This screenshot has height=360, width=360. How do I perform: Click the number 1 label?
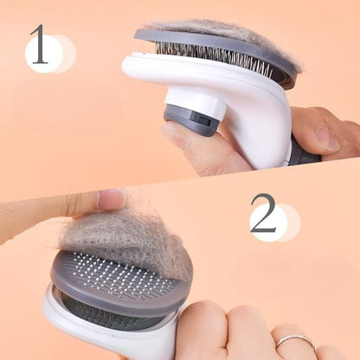coord(39,45)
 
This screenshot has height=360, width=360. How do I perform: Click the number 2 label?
coord(263,213)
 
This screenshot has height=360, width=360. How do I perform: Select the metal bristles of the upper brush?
coord(216,57)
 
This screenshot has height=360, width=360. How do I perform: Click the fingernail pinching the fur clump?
coord(111,200)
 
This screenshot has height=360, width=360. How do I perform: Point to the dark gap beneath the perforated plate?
coord(104,312)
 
